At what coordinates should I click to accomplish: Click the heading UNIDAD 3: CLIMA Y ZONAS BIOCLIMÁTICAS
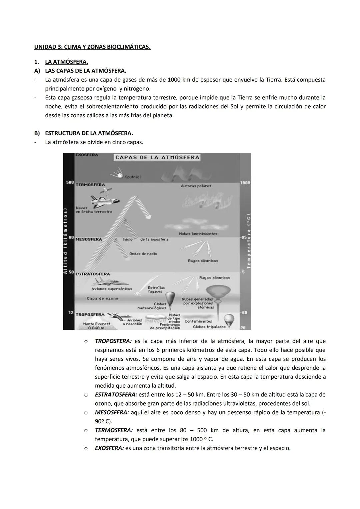pos(92,47)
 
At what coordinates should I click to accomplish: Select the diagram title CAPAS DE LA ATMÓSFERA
pos(157,157)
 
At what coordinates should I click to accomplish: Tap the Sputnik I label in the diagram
pos(133,177)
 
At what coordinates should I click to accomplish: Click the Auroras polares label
pos(196,186)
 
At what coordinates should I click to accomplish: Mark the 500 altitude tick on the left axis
pos(70,183)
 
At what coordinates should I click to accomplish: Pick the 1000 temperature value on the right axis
pos(245,183)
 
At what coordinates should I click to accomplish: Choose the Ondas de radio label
pos(143,254)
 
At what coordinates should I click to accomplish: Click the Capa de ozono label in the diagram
pos(102,298)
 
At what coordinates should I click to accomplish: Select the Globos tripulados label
pos(209,327)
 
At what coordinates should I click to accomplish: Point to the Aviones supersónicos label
pos(112,289)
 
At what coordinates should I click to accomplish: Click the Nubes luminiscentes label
pos(198,234)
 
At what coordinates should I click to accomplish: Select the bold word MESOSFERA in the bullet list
pos(112,412)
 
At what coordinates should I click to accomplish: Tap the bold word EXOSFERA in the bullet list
pos(109,448)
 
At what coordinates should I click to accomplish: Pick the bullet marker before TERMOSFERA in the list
pos(86,431)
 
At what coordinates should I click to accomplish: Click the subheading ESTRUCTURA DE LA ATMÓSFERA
pos(89,133)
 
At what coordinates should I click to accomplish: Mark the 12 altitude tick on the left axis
pos(71,313)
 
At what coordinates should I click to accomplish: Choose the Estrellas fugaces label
pos(156,289)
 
